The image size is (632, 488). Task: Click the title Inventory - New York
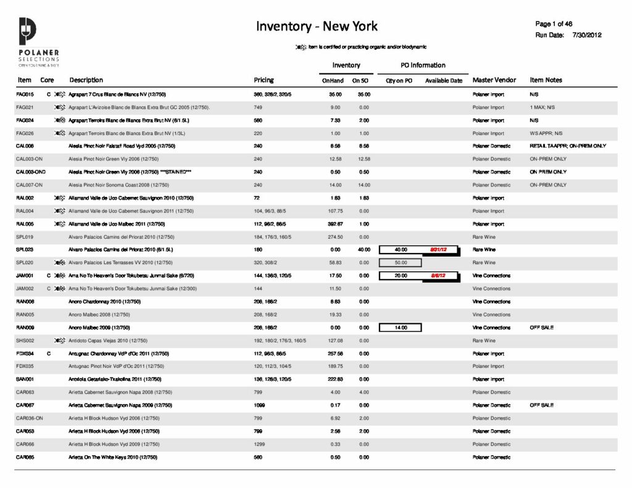coord(317,26)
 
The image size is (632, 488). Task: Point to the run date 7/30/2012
coord(587,35)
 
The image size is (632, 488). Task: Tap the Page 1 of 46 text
coord(554,24)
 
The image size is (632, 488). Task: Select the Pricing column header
coord(264,80)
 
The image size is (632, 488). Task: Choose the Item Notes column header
coord(546,80)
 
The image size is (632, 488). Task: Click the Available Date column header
coord(443,81)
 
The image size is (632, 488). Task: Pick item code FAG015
coord(25,94)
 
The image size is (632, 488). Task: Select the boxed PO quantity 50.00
coord(401,263)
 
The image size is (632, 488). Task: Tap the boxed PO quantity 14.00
coord(401,328)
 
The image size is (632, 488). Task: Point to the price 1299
coord(260,444)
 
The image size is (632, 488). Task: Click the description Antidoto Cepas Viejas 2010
coord(108,341)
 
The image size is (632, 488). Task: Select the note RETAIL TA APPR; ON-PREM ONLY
coord(568,146)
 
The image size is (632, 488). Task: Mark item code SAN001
coord(25,379)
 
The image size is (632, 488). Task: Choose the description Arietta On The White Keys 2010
coord(113,457)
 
